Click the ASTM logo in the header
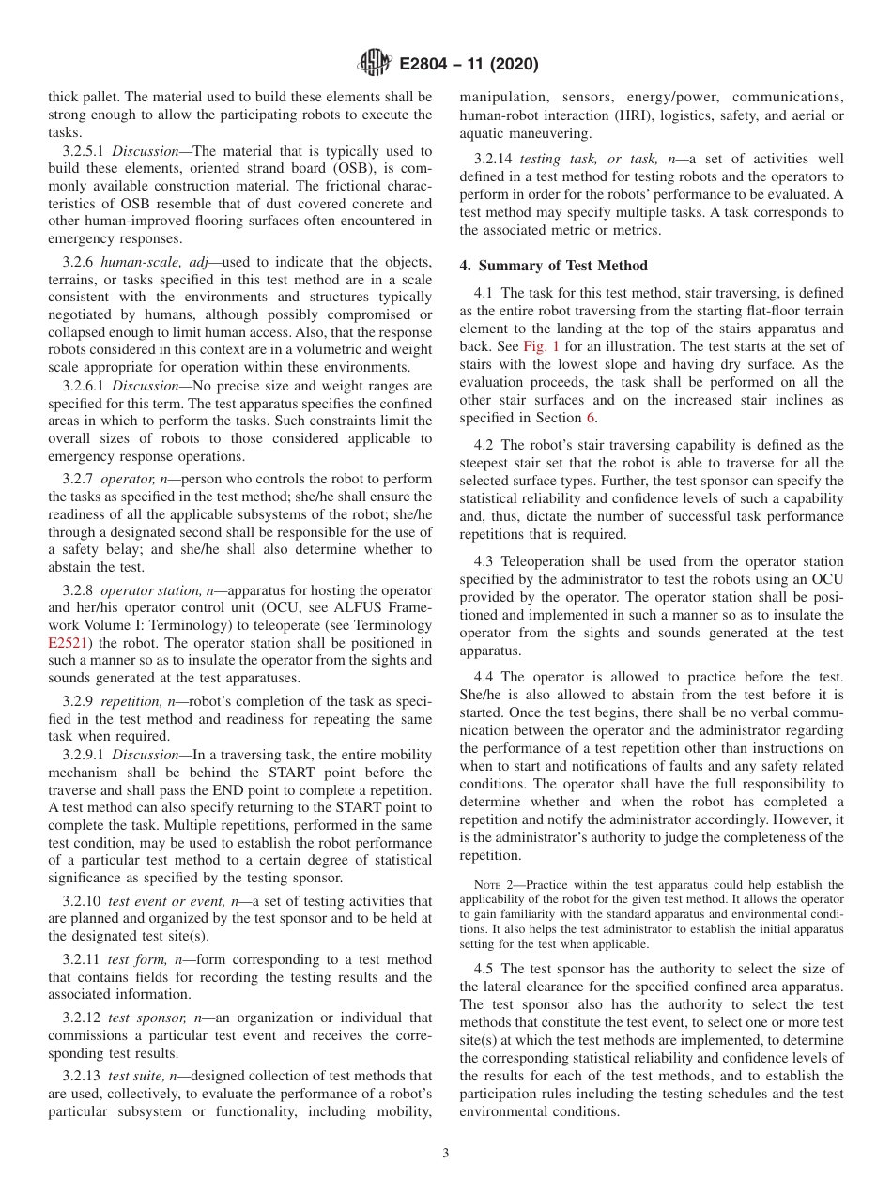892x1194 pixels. [x=375, y=64]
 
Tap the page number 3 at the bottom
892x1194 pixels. [x=446, y=1154]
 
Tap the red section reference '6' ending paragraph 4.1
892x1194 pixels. [x=592, y=419]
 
